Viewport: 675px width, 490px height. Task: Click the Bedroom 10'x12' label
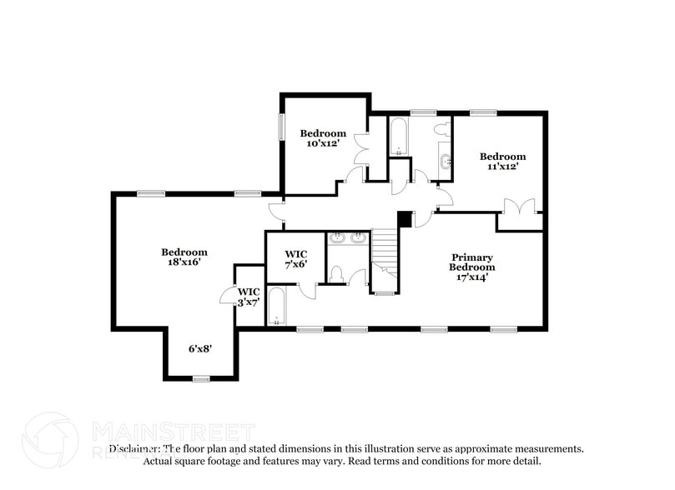323,138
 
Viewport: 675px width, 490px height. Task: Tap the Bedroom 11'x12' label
502,161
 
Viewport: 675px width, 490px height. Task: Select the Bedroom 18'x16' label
184,257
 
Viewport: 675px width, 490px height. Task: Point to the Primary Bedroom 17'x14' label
471,267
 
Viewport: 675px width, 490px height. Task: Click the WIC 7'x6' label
296,258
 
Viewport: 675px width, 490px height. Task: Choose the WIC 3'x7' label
249,297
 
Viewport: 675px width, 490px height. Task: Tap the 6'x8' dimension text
199,349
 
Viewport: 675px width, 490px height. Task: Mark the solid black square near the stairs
405,218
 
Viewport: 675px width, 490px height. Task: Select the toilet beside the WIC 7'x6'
335,273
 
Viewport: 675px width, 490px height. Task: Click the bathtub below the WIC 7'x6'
276,307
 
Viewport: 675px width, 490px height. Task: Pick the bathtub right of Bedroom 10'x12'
399,136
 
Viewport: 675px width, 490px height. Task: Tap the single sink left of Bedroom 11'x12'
446,162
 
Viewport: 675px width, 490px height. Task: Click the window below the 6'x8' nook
200,379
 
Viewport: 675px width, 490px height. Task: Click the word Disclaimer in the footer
133,448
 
